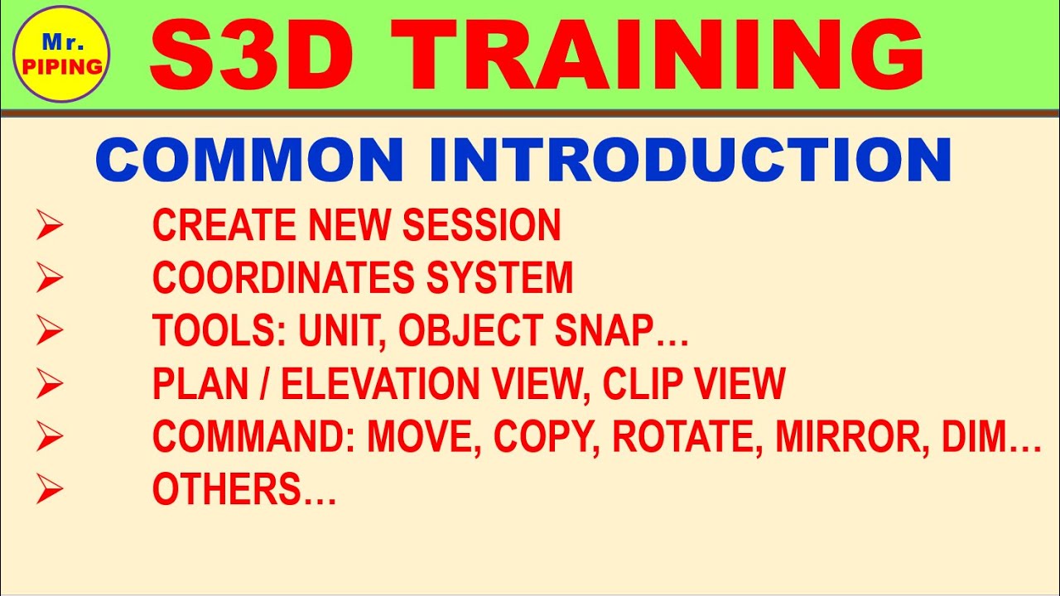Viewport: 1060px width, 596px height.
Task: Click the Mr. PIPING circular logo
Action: click(62, 55)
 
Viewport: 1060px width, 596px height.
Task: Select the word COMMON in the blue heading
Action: click(249, 160)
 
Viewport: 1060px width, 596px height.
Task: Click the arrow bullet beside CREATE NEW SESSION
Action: click(50, 226)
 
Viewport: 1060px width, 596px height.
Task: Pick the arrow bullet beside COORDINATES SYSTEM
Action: click(50, 278)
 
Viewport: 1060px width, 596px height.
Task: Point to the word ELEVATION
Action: click(387, 384)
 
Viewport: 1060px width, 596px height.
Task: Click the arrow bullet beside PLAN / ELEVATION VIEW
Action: click(50, 384)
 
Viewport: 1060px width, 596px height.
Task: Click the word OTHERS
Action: click(228, 490)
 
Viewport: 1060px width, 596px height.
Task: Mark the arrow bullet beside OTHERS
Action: click(50, 490)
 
